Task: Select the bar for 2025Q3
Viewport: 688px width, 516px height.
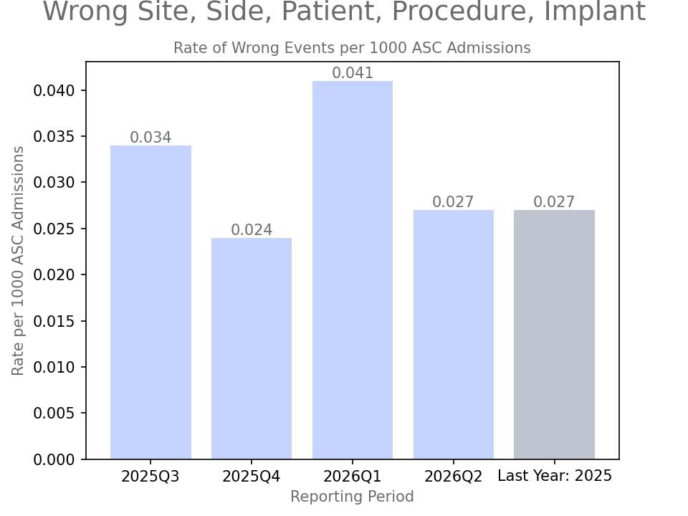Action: (150, 302)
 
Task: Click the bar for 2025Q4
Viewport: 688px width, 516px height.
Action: (252, 348)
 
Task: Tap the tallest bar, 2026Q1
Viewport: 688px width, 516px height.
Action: (353, 270)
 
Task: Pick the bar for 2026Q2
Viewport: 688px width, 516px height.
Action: (453, 335)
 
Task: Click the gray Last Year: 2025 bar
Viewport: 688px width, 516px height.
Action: (554, 335)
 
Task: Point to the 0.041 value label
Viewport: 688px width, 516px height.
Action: (353, 73)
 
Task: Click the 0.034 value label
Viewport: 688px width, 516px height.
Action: (150, 138)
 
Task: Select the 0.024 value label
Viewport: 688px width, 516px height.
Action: (252, 230)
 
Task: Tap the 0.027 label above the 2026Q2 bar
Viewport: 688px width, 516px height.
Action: (453, 202)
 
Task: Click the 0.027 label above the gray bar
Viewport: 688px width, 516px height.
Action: (554, 202)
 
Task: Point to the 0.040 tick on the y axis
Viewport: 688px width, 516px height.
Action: (54, 91)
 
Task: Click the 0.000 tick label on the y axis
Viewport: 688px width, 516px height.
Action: (54, 459)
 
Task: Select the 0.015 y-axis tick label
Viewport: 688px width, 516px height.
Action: (54, 321)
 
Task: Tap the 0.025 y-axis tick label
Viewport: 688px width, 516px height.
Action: (54, 229)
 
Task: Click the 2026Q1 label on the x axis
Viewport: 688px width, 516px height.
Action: (353, 477)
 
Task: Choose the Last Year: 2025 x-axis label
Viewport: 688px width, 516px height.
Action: (555, 476)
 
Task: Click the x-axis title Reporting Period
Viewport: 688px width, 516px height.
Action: (353, 496)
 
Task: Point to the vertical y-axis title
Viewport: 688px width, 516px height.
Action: (17, 261)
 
